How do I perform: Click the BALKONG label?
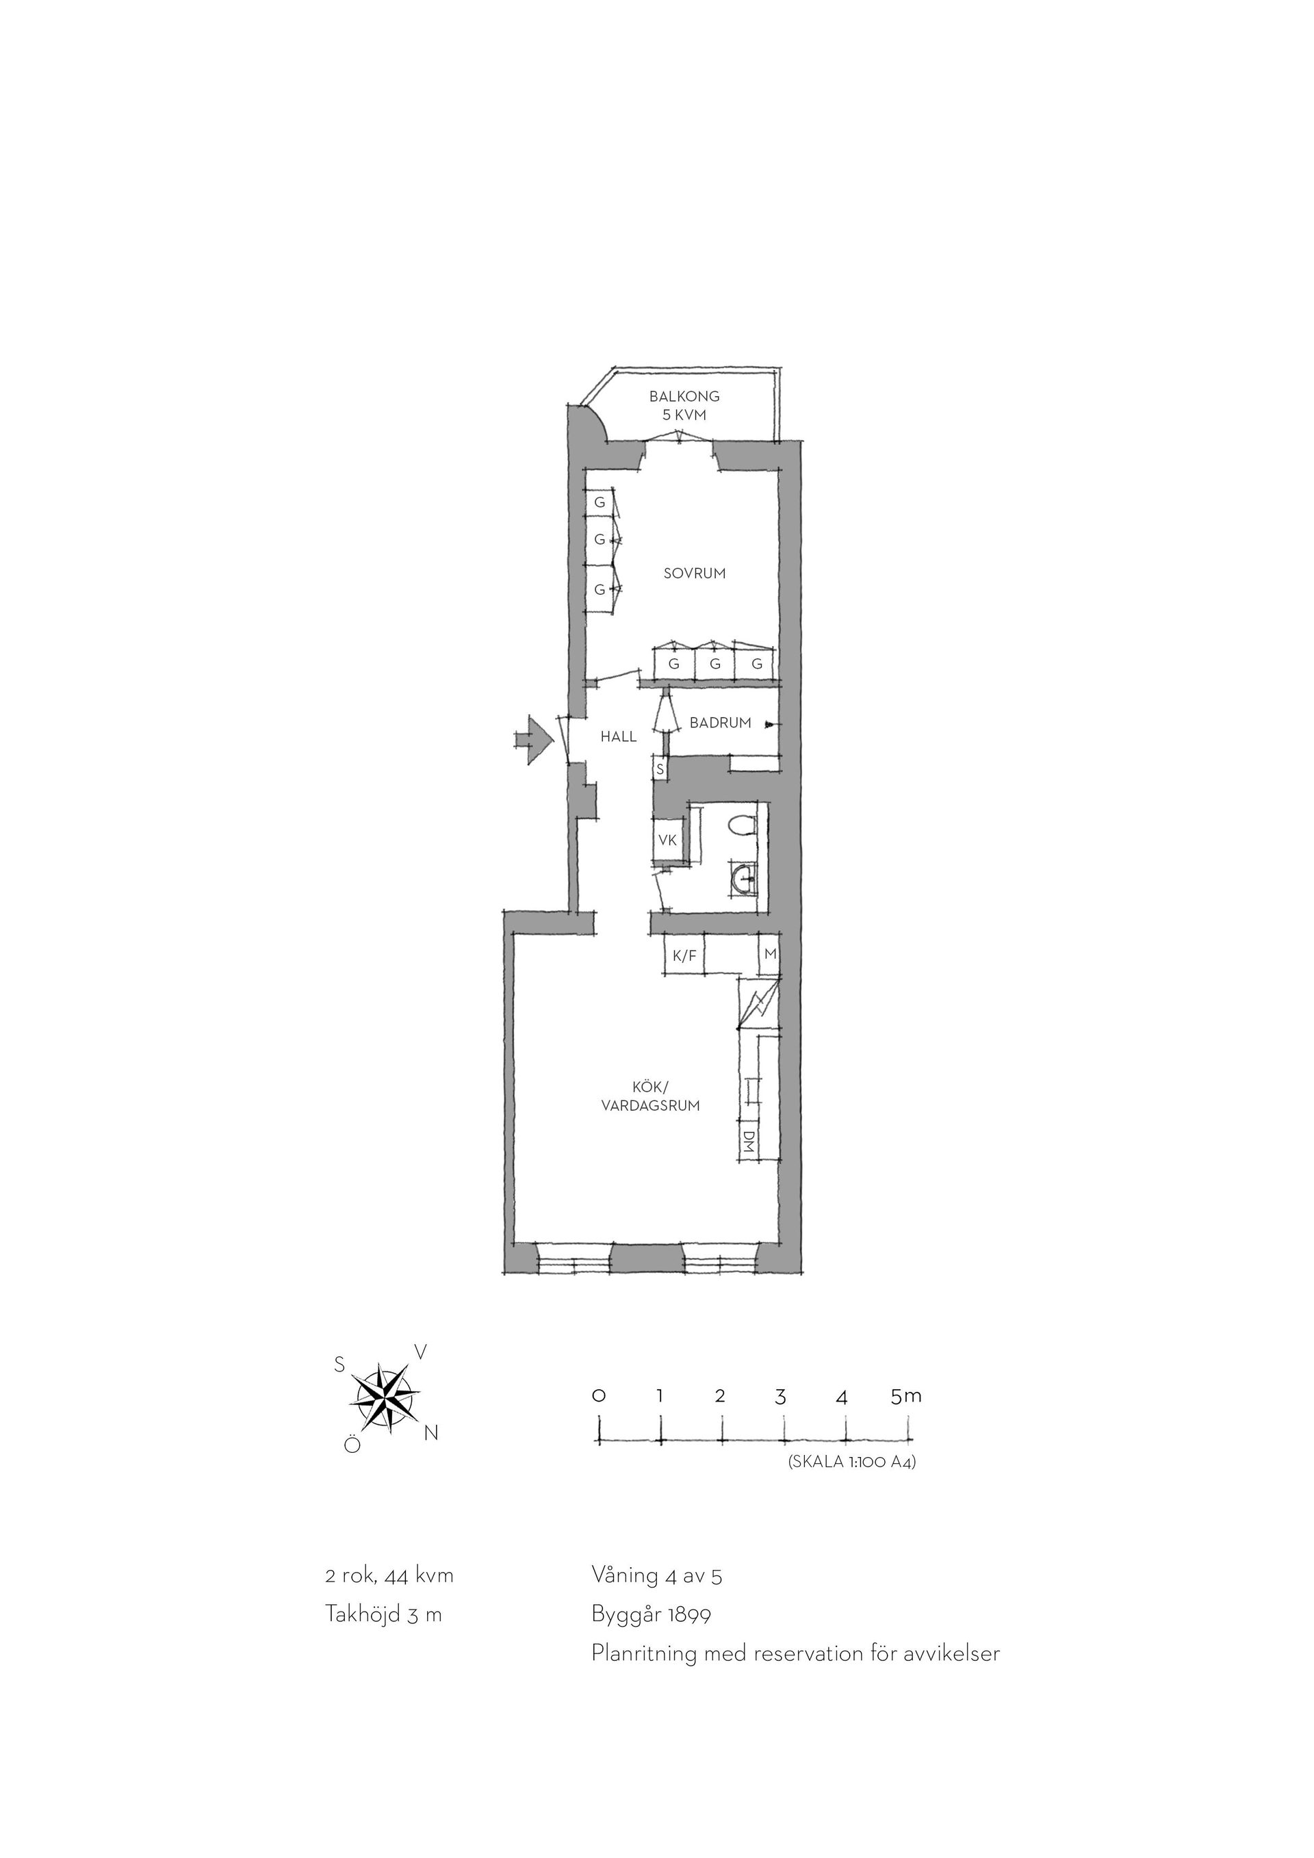684,396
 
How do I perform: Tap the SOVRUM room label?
694,573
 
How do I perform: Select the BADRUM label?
720,723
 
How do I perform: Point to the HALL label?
618,736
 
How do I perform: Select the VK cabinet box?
667,840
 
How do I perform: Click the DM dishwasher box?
749,1141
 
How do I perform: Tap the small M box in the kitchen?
769,954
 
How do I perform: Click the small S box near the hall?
660,769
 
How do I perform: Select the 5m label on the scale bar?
906,1373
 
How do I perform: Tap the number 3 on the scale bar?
780,1374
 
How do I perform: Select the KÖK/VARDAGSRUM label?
651,1096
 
